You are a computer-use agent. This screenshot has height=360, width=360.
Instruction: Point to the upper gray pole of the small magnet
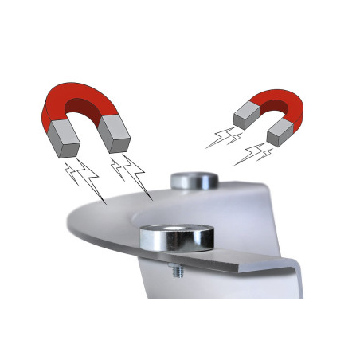click(244, 119)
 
